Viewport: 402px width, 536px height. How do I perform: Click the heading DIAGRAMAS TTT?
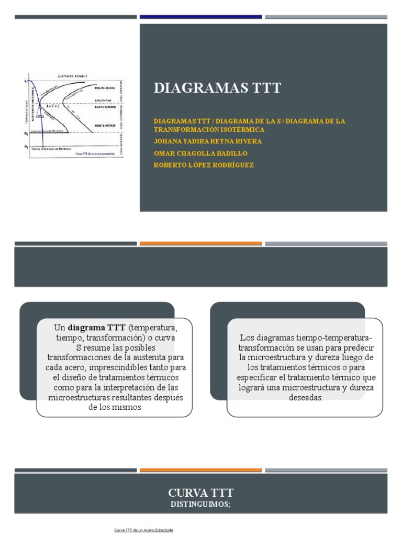point(217,88)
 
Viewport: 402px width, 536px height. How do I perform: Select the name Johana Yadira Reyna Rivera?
point(208,141)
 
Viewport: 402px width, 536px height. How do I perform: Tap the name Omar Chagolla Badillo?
point(200,153)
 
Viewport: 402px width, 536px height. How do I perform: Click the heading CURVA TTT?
point(200,493)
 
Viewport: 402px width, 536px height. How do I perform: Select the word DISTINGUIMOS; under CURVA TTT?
point(200,504)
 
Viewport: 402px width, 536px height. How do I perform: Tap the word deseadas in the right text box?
point(306,397)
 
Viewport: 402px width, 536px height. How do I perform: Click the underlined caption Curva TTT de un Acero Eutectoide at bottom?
point(143,530)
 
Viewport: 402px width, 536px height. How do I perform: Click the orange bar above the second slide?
point(200,243)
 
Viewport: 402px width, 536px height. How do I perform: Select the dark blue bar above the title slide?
point(200,17)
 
